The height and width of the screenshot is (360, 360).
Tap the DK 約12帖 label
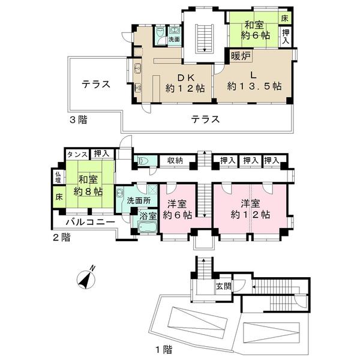(185, 82)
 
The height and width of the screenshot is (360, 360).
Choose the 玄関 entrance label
(223, 285)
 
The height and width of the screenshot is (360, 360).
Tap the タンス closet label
(77, 154)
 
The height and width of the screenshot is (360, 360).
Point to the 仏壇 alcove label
(58, 178)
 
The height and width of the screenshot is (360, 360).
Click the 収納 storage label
(175, 160)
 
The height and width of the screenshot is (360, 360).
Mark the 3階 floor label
(77, 119)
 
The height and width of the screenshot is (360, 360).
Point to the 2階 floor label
(61, 237)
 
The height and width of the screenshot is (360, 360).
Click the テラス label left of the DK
(97, 84)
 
